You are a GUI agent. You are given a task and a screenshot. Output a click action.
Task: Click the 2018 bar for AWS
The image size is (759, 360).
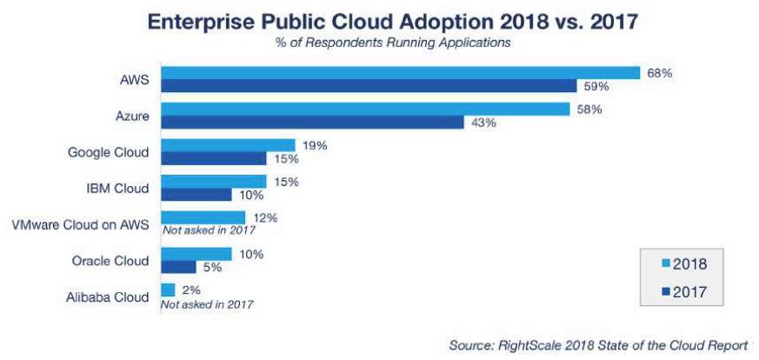pos(400,73)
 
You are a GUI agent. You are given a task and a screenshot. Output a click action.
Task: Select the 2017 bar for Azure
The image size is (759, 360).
pos(312,123)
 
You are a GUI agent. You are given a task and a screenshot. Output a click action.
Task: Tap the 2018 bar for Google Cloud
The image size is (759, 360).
pos(228,145)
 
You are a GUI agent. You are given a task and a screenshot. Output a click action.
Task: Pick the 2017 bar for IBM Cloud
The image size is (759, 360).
pos(196,195)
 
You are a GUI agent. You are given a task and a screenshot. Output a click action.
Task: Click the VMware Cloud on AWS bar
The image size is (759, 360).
pos(203,217)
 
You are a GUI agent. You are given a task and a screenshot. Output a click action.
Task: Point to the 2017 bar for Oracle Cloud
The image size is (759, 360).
pos(178,267)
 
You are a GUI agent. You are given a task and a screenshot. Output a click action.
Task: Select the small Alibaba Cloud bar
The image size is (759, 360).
pos(168,290)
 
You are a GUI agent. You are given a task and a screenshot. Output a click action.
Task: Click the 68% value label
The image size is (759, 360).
pos(658,73)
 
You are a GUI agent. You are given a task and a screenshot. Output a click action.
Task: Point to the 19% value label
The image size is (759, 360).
pos(314,145)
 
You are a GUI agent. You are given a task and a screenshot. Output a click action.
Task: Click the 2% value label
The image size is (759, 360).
pos(191,290)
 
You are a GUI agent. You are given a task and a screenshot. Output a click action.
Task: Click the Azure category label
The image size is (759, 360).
pos(131,116)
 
